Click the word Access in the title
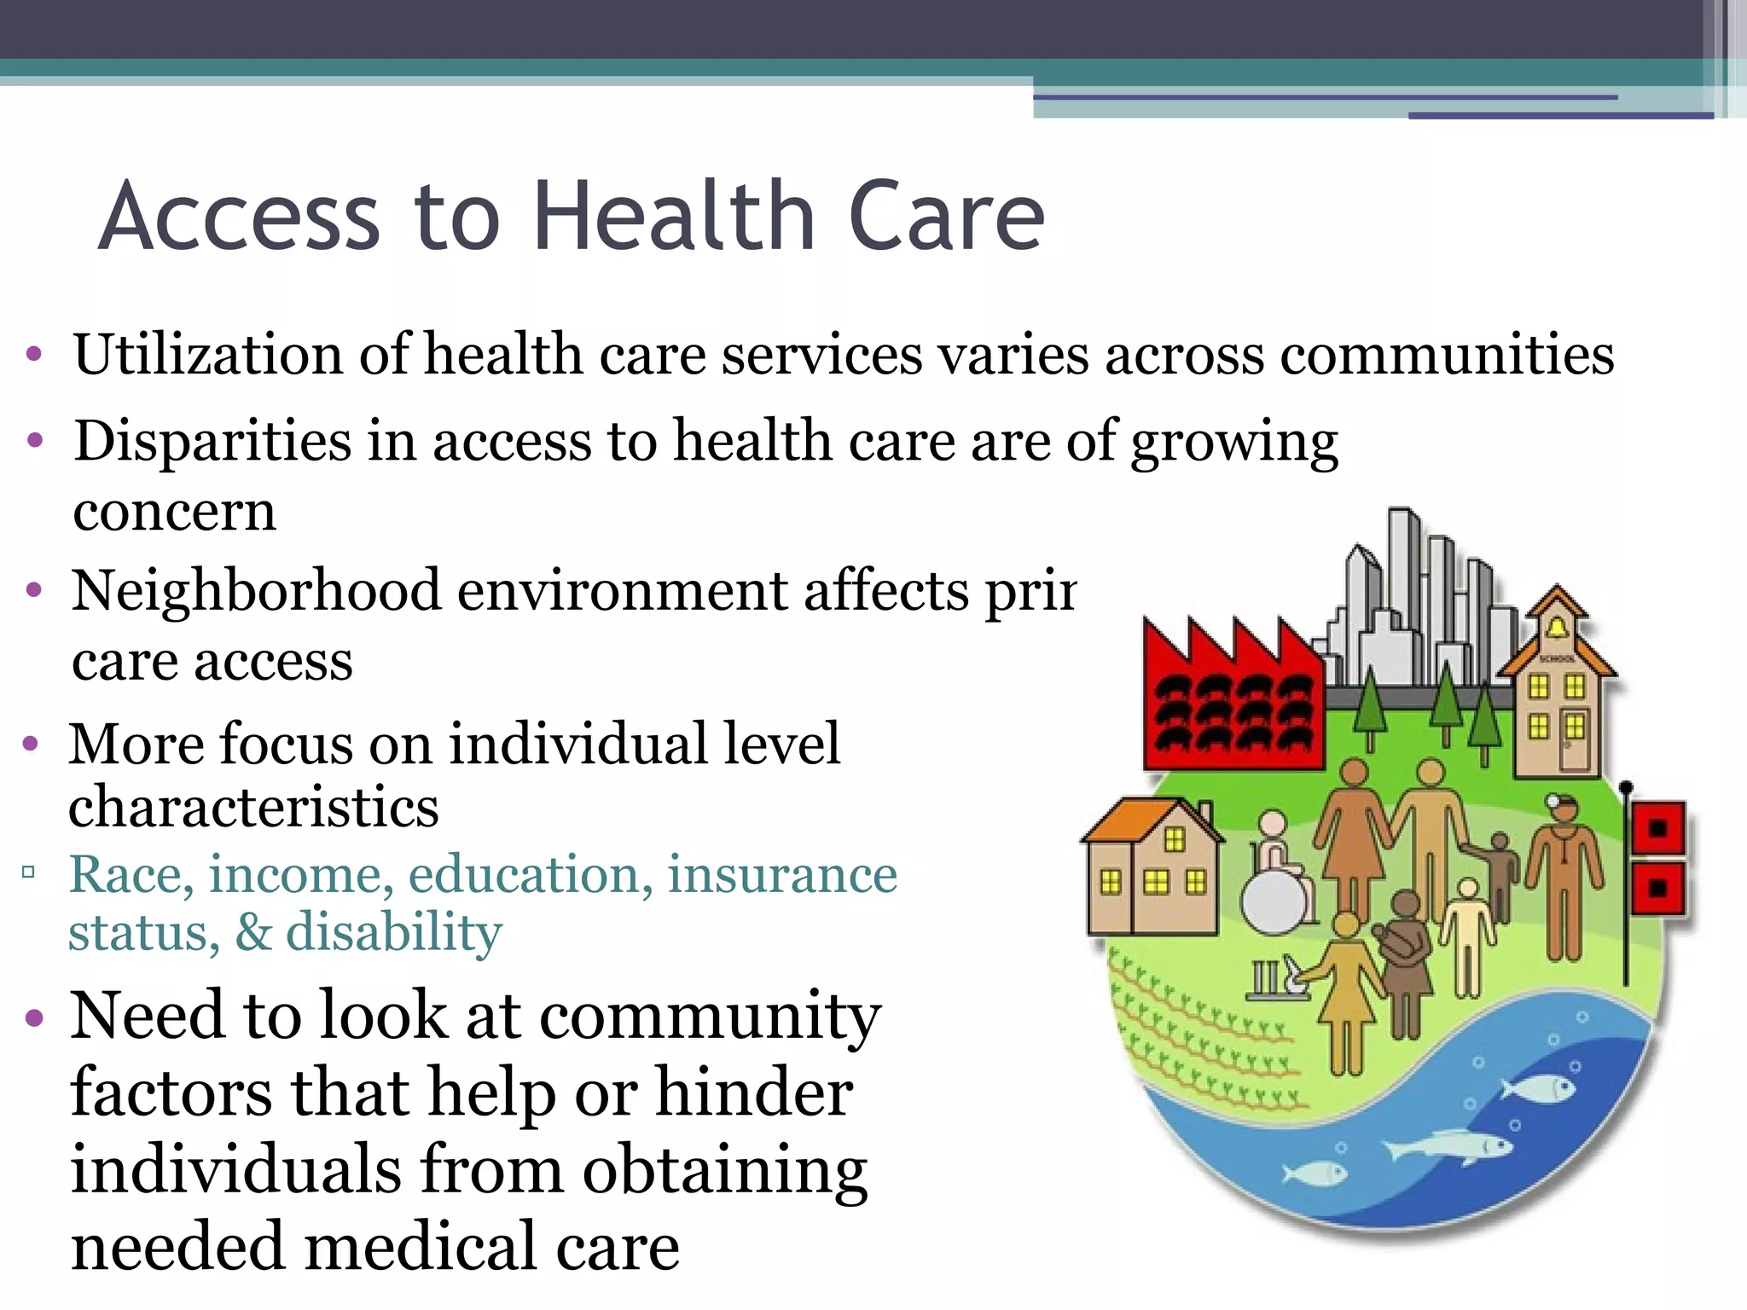click(x=240, y=217)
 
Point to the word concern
click(x=175, y=512)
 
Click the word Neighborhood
click(x=256, y=590)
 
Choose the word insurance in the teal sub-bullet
click(x=781, y=875)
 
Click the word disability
click(x=393, y=932)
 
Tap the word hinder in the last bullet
click(x=754, y=1093)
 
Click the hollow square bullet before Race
click(x=29, y=872)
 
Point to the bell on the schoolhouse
click(x=1557, y=629)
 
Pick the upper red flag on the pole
click(x=1658, y=828)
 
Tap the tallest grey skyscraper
click(x=1403, y=588)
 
